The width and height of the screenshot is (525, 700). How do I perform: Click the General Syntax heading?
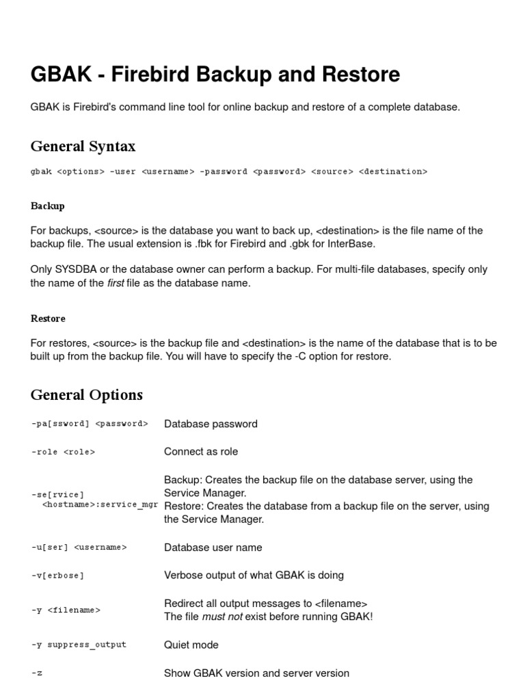pos(83,146)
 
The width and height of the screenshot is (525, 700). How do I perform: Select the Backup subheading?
pos(48,206)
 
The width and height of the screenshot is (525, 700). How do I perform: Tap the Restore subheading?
pos(48,319)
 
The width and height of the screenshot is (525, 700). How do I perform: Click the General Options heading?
pos(87,395)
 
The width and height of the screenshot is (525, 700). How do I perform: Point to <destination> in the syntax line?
pos(393,172)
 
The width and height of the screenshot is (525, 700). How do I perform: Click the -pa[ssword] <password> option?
pos(90,424)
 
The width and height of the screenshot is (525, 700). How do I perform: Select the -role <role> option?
pos(63,452)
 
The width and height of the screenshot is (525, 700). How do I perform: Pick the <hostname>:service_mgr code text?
pos(100,504)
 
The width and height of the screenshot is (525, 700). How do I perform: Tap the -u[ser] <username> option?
pos(79,548)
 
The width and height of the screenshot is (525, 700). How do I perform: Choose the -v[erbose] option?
pos(57,576)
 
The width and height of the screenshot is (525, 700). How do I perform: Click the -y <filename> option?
pos(66,610)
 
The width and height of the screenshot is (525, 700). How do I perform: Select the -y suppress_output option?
pos(79,645)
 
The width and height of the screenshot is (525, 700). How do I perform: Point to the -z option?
pos(37,673)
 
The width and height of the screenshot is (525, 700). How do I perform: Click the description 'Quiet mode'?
pos(191,645)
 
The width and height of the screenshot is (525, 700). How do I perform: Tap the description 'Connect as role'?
pos(201,452)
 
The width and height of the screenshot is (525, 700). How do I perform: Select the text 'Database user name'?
pos(213,548)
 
